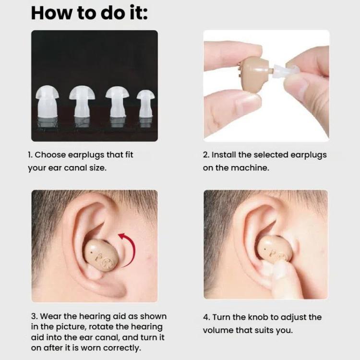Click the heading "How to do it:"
(x=89, y=13)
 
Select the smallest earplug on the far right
(x=145, y=104)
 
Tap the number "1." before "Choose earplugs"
(x=30, y=155)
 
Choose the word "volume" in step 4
(x=216, y=330)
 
